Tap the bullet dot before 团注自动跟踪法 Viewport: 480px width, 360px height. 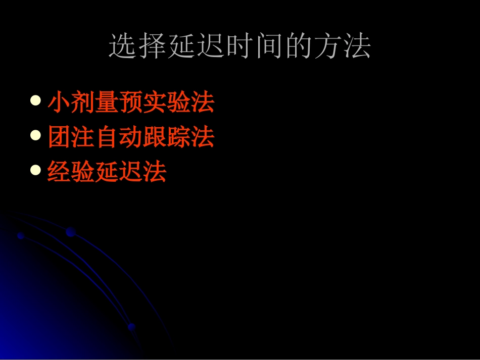point(35,136)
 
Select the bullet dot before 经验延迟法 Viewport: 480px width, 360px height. point(35,170)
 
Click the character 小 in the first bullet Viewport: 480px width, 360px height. point(60,102)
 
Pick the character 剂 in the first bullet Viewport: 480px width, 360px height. point(83,102)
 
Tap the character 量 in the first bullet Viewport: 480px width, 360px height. point(107,102)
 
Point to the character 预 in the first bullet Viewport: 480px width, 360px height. point(131,102)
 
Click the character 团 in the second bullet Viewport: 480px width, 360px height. point(60,137)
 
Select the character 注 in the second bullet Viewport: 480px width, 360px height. point(83,137)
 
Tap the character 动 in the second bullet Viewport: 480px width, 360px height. point(131,137)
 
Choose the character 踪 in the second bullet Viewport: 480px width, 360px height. point(178,137)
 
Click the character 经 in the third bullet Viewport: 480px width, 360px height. point(60,172)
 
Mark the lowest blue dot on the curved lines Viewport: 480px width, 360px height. point(132,327)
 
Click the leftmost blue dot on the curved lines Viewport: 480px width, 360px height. point(21,236)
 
